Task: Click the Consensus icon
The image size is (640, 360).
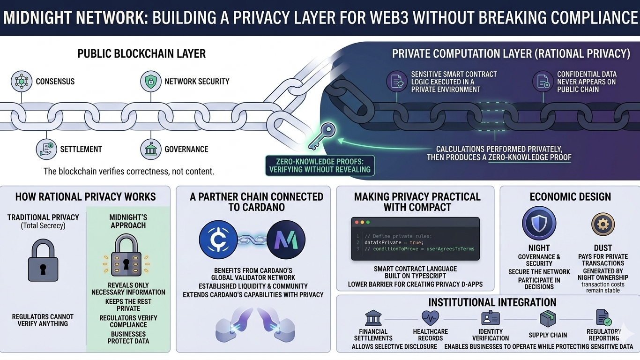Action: click(22, 81)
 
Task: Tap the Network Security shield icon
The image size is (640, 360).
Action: click(151, 81)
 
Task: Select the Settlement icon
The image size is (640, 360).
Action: click(46, 149)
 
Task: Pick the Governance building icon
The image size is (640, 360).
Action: click(151, 149)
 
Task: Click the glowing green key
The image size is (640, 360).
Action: click(323, 135)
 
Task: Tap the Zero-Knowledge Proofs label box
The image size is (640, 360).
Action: click(320, 165)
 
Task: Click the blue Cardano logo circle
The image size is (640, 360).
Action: click(218, 240)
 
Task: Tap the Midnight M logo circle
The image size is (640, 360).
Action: click(286, 240)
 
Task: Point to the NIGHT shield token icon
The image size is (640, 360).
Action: click(539, 224)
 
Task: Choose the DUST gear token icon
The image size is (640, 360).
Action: click(603, 225)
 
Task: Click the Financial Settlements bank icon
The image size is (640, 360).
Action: click(373, 318)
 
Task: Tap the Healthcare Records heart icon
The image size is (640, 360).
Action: click(430, 318)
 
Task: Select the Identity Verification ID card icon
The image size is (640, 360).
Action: click(491, 318)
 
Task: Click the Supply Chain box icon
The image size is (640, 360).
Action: click(548, 319)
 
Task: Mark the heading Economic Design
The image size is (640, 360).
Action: click(570, 196)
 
